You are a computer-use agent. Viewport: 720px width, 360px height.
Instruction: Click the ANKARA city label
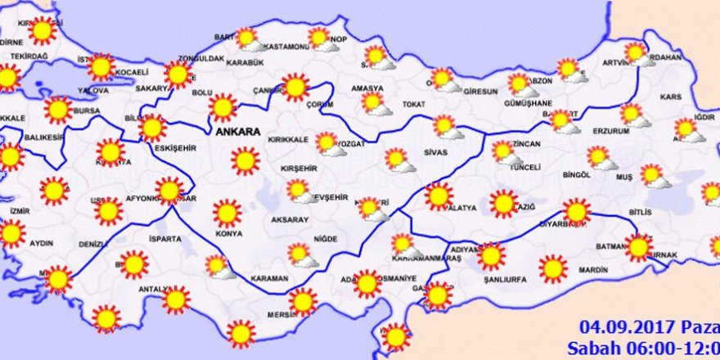click(x=237, y=131)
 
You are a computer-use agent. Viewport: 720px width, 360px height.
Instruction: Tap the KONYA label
click(x=230, y=234)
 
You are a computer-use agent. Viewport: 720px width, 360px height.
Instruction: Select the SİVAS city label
click(x=437, y=151)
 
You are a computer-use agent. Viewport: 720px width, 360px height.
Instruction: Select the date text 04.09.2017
click(x=613, y=324)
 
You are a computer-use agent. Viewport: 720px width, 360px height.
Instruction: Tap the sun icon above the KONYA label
click(x=228, y=214)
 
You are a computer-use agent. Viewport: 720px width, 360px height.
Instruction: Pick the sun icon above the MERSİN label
click(x=303, y=301)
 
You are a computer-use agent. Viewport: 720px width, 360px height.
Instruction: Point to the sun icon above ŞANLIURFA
click(x=491, y=255)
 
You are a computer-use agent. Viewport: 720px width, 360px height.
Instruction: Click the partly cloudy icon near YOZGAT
click(x=327, y=144)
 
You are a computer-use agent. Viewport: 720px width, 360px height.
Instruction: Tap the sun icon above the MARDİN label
click(x=553, y=268)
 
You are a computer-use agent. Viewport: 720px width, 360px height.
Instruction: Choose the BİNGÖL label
click(x=577, y=174)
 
